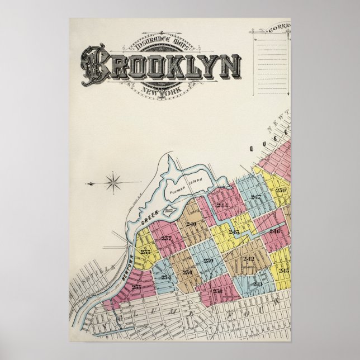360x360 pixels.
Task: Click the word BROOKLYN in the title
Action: click(162, 67)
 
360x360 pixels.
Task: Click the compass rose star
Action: click(113, 182)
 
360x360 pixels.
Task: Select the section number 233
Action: click(136, 287)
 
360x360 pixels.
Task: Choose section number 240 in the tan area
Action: click(191, 225)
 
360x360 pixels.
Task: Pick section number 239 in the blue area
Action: click(209, 260)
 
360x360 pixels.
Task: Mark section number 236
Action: click(187, 272)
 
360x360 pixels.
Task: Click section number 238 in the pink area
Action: click(217, 291)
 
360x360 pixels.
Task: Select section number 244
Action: click(222, 206)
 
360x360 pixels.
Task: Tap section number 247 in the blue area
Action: click(256, 197)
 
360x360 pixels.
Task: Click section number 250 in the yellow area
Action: click(281, 191)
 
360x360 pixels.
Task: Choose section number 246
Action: click(274, 231)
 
